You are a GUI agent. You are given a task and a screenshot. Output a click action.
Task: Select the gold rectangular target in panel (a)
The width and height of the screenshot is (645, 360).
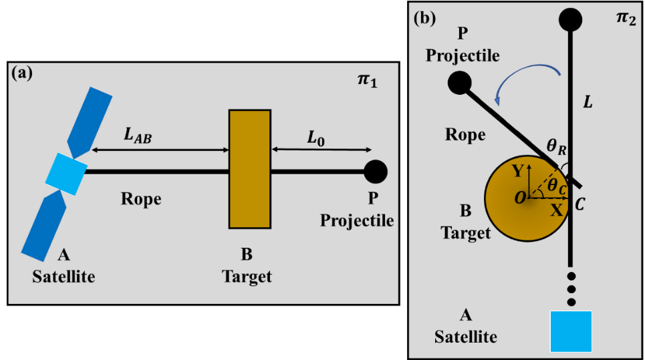point(250,170)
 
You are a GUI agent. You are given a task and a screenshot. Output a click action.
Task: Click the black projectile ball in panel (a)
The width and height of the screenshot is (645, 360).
point(376,172)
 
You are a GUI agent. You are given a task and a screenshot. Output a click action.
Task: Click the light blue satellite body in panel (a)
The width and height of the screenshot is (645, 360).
point(66,172)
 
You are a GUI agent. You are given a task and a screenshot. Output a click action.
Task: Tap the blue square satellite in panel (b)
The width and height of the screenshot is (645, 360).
point(571,331)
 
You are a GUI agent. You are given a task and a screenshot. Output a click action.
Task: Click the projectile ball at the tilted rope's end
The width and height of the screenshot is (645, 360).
point(459,83)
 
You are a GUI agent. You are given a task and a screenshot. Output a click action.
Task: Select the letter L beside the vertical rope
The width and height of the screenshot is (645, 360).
point(588,102)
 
